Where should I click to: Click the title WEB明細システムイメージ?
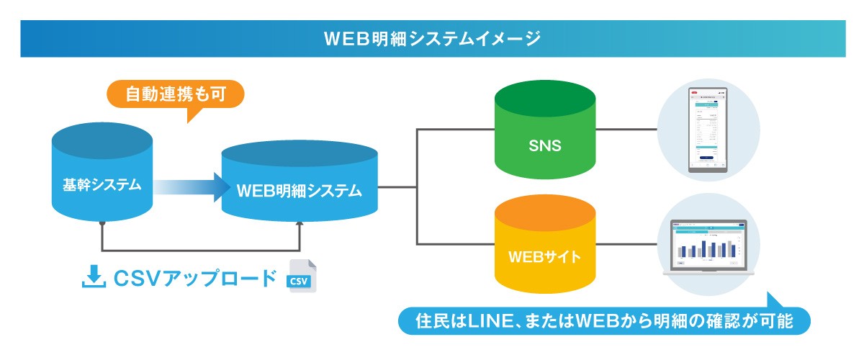point(432,37)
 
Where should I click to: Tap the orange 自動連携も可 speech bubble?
point(176,94)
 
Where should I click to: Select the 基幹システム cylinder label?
point(102,185)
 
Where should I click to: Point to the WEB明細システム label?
point(299,191)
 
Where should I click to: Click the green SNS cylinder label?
point(544,146)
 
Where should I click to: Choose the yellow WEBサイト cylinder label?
point(544,256)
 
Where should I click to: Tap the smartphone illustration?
point(708,132)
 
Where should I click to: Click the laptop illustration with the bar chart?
point(708,247)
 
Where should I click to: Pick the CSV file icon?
point(301,276)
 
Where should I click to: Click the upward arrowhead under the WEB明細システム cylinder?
point(300,225)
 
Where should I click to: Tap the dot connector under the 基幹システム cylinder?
point(103,224)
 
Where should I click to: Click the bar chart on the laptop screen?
point(708,248)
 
